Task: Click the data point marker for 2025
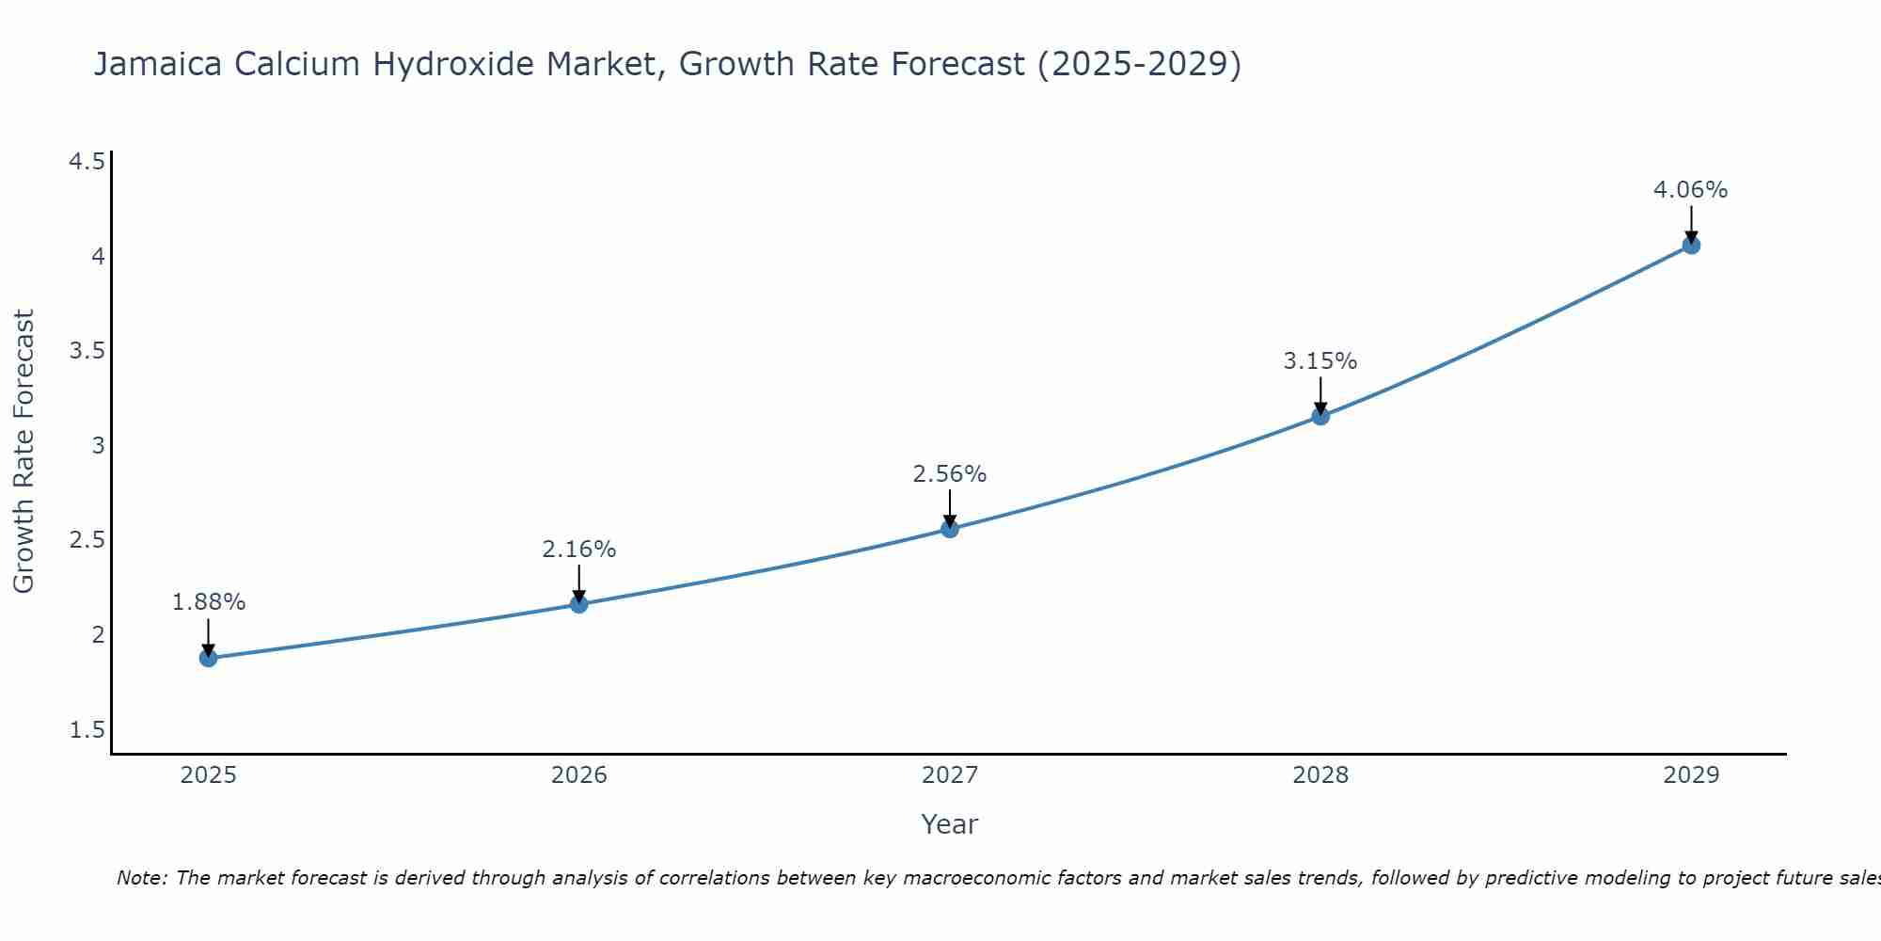pyautogui.click(x=209, y=658)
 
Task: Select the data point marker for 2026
pyautogui.click(x=579, y=604)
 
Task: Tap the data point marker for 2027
pyautogui.click(x=950, y=529)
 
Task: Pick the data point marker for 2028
pyautogui.click(x=1320, y=416)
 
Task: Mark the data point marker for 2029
pyautogui.click(x=1691, y=246)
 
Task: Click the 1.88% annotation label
pyautogui.click(x=209, y=602)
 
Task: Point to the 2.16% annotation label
pyautogui.click(x=579, y=549)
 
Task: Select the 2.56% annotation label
pyautogui.click(x=950, y=474)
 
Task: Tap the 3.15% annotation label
pyautogui.click(x=1320, y=361)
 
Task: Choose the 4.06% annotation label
pyautogui.click(x=1691, y=190)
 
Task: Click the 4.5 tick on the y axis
pyautogui.click(x=87, y=163)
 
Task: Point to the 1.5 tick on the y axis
pyautogui.click(x=87, y=730)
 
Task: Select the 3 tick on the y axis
pyautogui.click(x=98, y=446)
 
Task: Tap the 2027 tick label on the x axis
pyautogui.click(x=950, y=775)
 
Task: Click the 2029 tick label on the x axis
pyautogui.click(x=1691, y=775)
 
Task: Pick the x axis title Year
pyautogui.click(x=950, y=824)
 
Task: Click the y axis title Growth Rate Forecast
pyautogui.click(x=24, y=452)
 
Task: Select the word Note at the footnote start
pyautogui.click(x=141, y=878)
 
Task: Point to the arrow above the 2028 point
pyautogui.click(x=1320, y=395)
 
